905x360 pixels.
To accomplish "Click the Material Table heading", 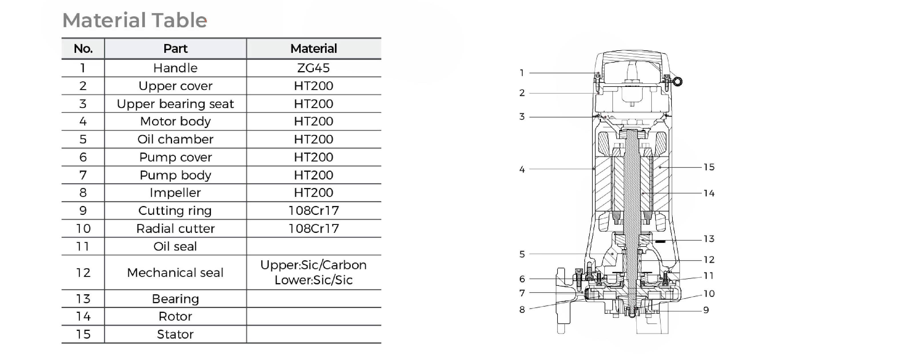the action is point(135,20).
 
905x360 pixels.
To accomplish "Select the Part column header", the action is point(175,49).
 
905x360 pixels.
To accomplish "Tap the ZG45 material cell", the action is point(313,68).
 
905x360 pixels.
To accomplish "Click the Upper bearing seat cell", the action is point(175,104).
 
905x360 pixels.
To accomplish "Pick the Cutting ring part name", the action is point(175,210).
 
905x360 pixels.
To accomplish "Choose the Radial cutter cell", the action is point(175,228).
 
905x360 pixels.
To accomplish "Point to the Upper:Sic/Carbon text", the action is point(313,265).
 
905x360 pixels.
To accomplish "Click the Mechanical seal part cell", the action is point(175,273).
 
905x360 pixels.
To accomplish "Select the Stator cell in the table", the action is point(175,334).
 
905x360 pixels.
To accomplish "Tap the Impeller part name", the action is point(175,193).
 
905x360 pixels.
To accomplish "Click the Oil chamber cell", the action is point(175,139).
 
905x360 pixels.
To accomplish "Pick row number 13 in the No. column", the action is point(83,299).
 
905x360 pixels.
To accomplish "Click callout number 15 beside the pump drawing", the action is point(709,167).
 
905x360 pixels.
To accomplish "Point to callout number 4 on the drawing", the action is point(522,169).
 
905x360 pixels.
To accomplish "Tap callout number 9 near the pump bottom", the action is point(706,310).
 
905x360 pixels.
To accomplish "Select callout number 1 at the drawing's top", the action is point(522,73).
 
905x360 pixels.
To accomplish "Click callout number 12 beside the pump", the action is point(709,259).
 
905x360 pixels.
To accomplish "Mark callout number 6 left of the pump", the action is point(522,279).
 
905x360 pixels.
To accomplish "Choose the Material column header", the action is point(313,49).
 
